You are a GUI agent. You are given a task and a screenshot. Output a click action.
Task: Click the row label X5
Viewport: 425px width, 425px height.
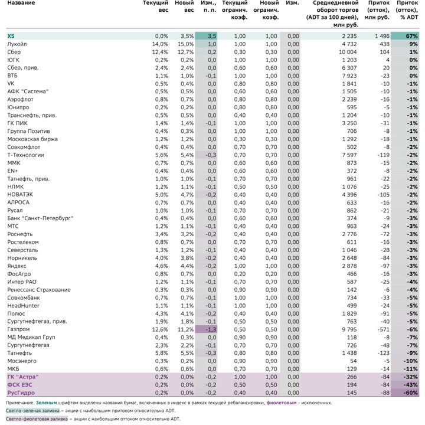tap(11, 36)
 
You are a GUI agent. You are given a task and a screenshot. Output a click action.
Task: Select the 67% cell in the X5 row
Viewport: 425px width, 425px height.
tap(411, 36)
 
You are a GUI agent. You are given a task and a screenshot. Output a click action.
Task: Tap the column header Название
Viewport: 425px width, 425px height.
tap(21, 3)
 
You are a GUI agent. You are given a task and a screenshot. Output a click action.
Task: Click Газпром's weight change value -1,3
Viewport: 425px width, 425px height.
tap(211, 329)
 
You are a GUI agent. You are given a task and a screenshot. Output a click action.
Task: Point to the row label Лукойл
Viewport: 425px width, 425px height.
tap(17, 44)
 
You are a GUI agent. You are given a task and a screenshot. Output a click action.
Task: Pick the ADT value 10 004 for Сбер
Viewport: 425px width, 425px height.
tap(348, 52)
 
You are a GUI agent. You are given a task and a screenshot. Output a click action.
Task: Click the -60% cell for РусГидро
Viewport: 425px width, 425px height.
tap(410, 393)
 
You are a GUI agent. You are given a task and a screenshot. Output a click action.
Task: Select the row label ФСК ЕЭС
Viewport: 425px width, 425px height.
tap(19, 385)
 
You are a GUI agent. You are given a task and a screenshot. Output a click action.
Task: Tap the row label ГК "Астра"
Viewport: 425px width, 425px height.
tap(23, 377)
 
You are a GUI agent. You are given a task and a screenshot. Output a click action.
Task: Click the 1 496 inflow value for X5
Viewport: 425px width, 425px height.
tap(382, 36)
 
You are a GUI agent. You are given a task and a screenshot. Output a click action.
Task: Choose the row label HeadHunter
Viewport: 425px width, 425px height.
tap(23, 306)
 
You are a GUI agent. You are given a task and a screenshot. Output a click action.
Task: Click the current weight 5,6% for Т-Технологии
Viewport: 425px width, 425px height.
tap(162, 155)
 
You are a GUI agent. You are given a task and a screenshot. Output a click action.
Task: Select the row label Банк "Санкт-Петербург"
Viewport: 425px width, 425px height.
tap(40, 218)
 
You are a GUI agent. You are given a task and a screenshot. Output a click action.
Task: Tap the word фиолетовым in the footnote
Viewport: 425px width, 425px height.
tap(282, 403)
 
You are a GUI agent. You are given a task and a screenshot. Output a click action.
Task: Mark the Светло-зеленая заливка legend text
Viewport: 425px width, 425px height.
tap(32, 411)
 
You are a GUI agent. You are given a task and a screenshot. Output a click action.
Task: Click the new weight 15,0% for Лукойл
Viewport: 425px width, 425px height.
tap(186, 44)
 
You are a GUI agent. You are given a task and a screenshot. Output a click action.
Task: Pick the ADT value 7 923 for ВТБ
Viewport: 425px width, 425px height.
tap(349, 76)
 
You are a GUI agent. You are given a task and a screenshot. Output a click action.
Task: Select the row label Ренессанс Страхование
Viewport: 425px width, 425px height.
tap(39, 290)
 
